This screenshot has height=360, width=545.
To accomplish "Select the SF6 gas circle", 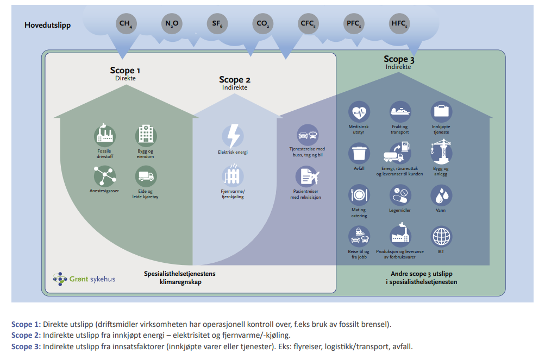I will click(217, 23).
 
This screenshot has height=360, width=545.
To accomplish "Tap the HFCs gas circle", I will click(399, 23).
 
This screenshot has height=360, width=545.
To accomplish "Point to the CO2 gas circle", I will click(262, 23).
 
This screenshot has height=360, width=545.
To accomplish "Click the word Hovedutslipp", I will click(47, 25).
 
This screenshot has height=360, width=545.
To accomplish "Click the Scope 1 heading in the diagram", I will click(125, 70).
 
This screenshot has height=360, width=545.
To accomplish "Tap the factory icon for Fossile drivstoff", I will click(105, 135).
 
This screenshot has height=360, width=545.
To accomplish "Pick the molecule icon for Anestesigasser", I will click(104, 176).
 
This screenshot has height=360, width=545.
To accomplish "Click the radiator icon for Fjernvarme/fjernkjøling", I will click(233, 176).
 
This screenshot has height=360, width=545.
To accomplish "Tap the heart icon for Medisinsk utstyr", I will click(359, 112).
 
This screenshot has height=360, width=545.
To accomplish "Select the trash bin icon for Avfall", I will click(359, 153).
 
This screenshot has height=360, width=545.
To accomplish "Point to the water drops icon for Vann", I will click(441, 194).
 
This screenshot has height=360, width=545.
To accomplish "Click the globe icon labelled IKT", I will click(441, 237).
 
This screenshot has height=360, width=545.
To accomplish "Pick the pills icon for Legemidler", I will click(400, 194).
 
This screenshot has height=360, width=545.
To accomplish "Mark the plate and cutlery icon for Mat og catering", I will click(359, 195).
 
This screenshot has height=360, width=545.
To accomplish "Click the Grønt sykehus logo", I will click(84, 279).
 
